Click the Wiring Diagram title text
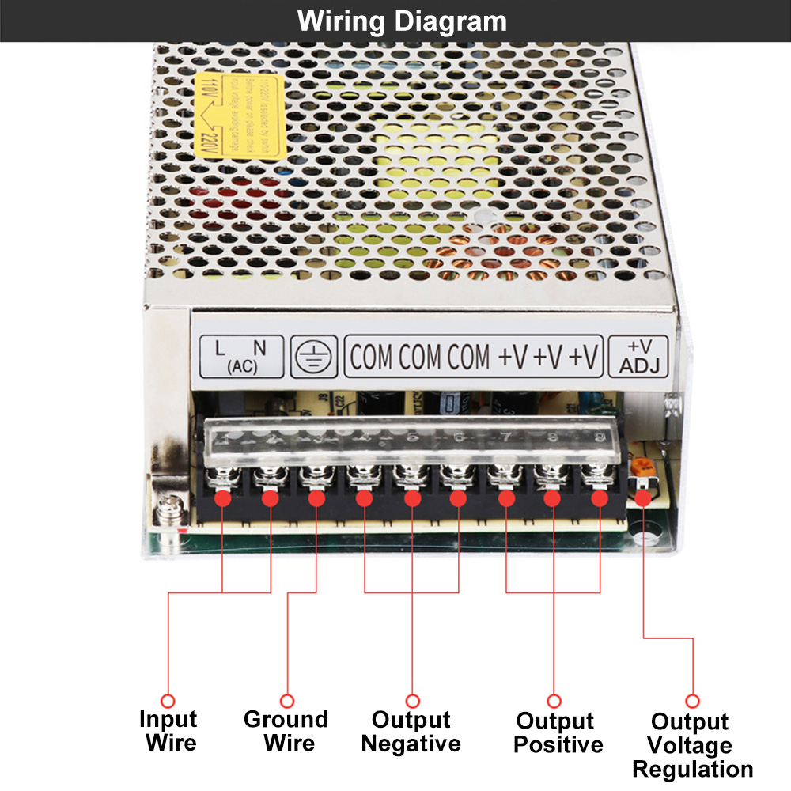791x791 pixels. tap(402, 21)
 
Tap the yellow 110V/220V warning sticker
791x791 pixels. tap(230, 115)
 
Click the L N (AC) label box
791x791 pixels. tap(241, 356)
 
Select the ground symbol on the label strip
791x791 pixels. tap(312, 357)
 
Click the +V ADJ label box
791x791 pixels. tap(638, 357)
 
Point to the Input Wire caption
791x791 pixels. tap(168, 731)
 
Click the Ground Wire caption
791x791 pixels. tap(286, 731)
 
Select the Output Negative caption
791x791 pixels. tap(411, 732)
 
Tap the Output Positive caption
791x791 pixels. tap(554, 732)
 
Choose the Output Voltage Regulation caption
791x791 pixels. tap(692, 745)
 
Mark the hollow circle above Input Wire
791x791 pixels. tap(168, 701)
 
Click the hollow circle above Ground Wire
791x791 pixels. tap(287, 701)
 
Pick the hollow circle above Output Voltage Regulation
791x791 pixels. tap(693, 701)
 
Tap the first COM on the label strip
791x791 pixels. tap(371, 357)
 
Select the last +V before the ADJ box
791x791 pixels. tap(585, 357)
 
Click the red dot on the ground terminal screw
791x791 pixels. tap(316, 499)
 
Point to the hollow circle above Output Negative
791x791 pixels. tap(412, 701)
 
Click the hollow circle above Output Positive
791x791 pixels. tap(554, 701)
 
